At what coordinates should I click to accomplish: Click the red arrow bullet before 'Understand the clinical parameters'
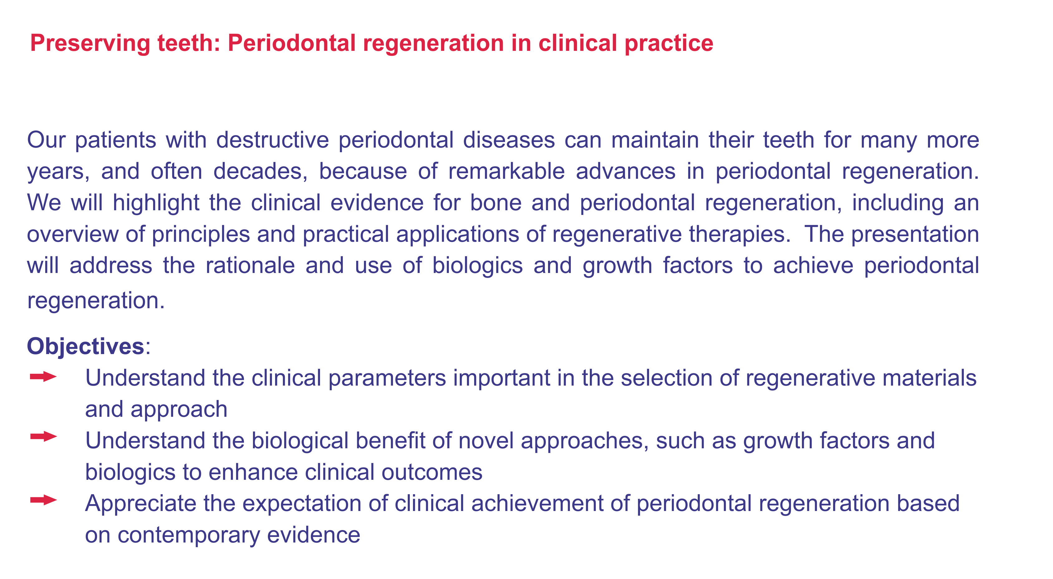(x=43, y=377)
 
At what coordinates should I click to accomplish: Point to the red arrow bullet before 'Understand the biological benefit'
(x=43, y=436)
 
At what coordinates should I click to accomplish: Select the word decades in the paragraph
(x=260, y=171)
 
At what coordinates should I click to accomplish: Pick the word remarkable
(x=507, y=171)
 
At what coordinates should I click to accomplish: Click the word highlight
(x=156, y=203)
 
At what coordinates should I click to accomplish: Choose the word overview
(x=72, y=235)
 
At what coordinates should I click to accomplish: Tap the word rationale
(x=250, y=266)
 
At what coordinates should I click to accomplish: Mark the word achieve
(x=813, y=266)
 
